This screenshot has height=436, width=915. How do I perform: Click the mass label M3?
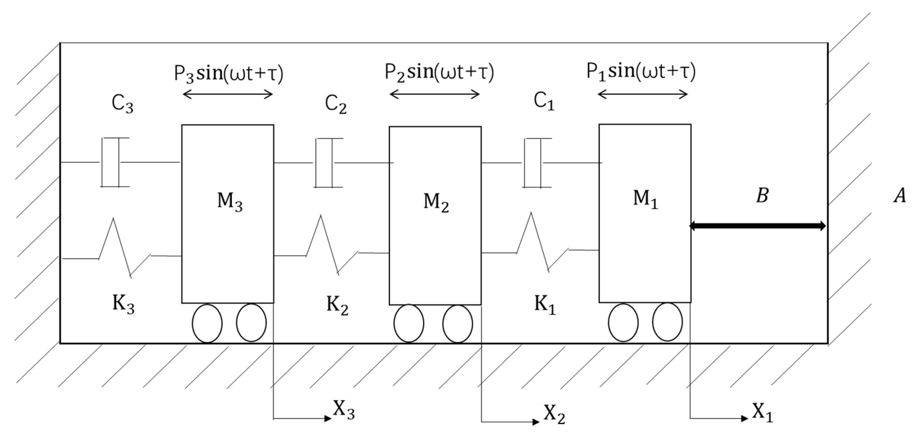(230, 201)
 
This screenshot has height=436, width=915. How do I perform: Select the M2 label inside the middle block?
(436, 202)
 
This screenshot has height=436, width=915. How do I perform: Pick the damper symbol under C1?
(533, 163)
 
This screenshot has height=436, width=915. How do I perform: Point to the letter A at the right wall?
(900, 196)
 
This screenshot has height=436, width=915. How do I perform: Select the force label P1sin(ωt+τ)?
(641, 71)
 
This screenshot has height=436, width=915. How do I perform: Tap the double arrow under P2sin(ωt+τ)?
(435, 94)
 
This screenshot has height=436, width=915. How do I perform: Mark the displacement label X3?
(344, 410)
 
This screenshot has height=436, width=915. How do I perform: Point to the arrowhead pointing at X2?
(536, 422)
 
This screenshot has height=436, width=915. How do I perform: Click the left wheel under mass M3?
(207, 323)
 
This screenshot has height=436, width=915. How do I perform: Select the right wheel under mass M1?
(667, 322)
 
